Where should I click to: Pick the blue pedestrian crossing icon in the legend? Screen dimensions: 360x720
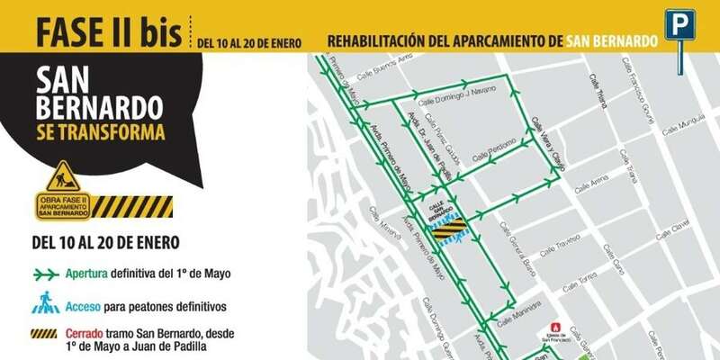[x=46, y=304]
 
